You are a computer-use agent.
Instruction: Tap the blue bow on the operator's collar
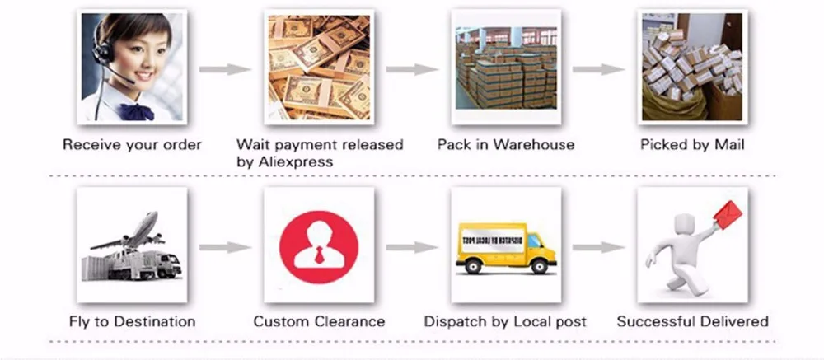136,112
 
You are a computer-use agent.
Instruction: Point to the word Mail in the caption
728,144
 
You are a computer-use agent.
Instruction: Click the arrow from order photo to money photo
225,69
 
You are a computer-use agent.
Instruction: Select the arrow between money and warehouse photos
413,69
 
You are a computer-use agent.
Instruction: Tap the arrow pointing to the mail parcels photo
598,69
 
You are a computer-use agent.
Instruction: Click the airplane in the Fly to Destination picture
129,232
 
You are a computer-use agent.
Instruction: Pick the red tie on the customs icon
318,255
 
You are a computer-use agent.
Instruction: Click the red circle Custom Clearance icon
318,247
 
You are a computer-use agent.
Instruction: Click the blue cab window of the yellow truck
534,240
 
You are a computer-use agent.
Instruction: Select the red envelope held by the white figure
728,214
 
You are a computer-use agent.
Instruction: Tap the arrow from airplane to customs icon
225,247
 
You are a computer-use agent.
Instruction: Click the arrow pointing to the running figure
598,247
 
